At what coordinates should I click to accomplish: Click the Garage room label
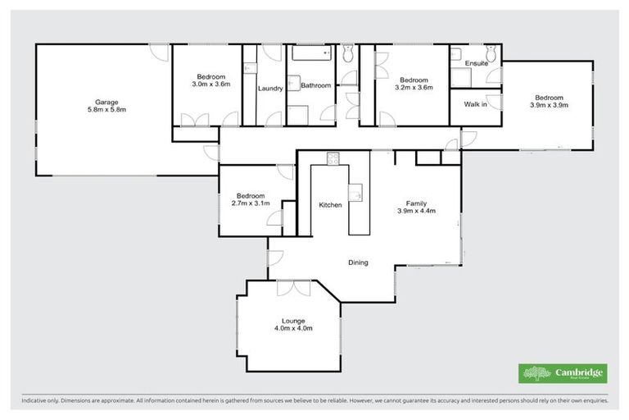pyautogui.click(x=104, y=102)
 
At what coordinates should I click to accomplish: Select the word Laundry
pyautogui.click(x=270, y=89)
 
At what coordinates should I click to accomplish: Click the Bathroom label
pyautogui.click(x=315, y=85)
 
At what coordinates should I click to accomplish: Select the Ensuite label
pyautogui.click(x=476, y=63)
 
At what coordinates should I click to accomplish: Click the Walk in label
pyautogui.click(x=475, y=105)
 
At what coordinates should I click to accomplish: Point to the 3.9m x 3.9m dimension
pyautogui.click(x=549, y=105)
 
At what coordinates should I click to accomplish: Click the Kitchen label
pyautogui.click(x=330, y=205)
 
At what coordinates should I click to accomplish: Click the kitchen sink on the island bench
pyautogui.click(x=357, y=194)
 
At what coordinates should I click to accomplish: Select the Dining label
pyautogui.click(x=358, y=262)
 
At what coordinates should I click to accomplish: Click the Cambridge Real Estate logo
pyautogui.click(x=563, y=373)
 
